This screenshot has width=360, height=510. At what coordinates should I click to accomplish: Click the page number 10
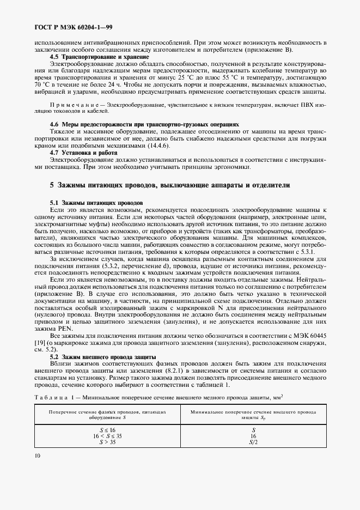[37, 456]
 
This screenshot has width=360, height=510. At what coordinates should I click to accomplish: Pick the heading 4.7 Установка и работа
[83, 153]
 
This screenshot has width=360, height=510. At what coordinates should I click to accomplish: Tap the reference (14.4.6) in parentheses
[155, 146]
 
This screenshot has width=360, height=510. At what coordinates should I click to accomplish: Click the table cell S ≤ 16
[107, 430]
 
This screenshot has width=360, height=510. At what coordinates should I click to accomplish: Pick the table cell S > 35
[107, 442]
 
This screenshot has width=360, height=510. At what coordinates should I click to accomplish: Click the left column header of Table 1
[107, 415]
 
